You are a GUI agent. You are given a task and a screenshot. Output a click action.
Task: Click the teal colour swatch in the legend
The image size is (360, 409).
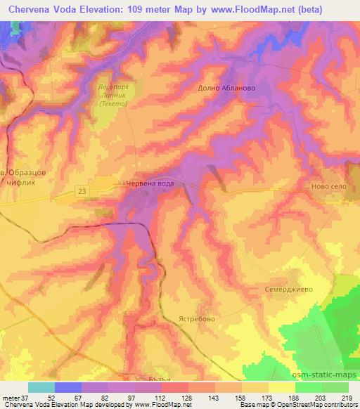[x=41, y=387]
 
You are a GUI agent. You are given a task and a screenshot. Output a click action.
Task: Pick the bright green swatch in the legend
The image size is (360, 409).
[x=308, y=387]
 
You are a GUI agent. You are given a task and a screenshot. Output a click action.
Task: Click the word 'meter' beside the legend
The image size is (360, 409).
[x=11, y=398]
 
